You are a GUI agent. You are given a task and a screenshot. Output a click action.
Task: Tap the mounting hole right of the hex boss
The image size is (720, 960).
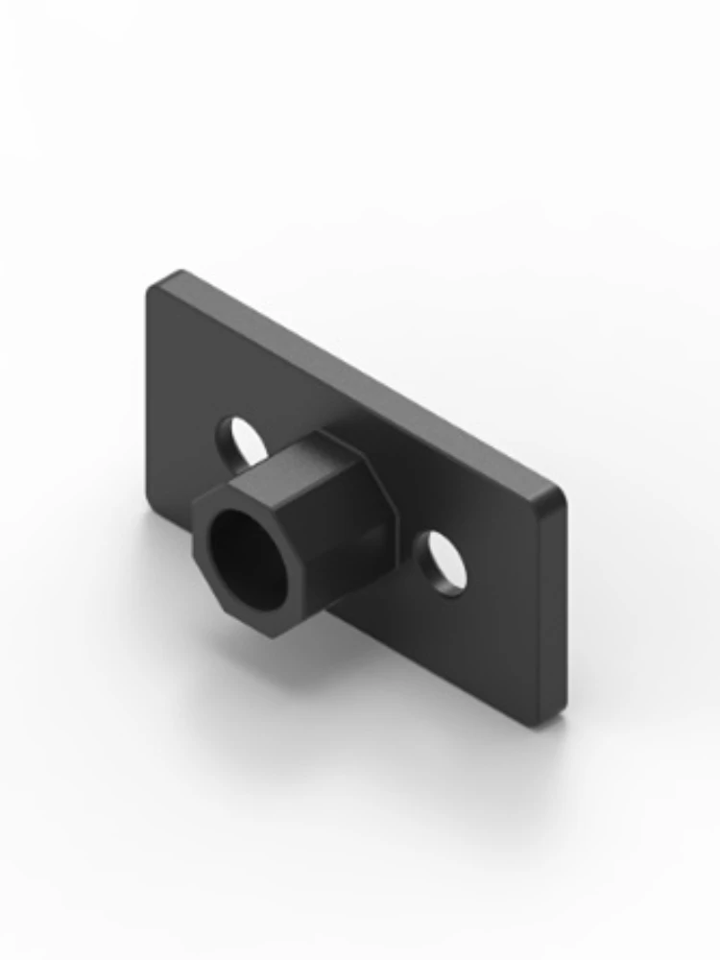pos(442,563)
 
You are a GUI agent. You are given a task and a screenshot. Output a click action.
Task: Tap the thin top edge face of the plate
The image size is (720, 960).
pos(365,384)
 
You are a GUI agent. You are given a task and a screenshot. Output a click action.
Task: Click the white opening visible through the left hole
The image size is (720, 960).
pos(248,444)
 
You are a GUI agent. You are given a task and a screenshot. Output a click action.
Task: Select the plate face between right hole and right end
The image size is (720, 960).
pos(504,605)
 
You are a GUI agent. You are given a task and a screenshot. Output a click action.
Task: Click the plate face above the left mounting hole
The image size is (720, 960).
pos(230,374)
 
